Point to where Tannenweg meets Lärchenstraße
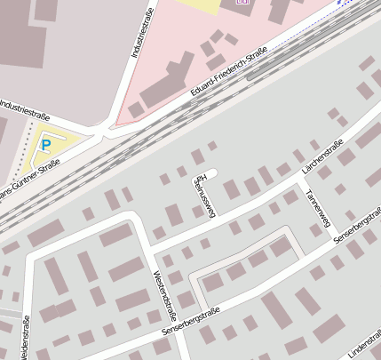click(295, 181)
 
